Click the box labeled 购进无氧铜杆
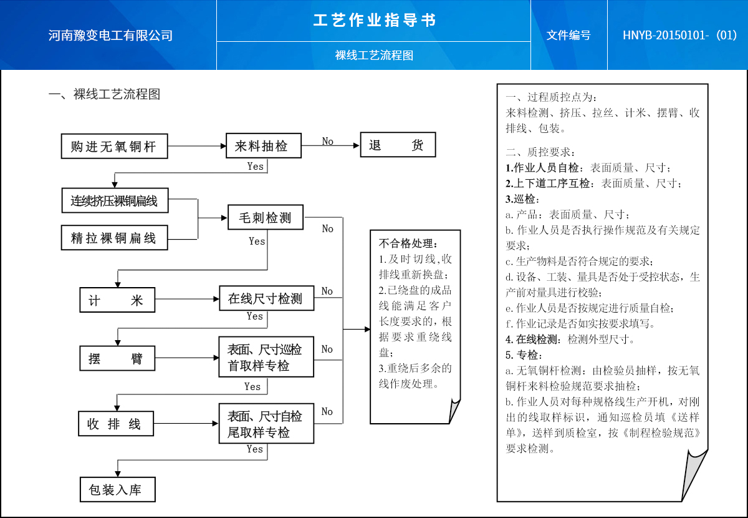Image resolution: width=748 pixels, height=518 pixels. (x=115, y=147)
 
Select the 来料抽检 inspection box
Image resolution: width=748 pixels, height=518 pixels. (x=263, y=147)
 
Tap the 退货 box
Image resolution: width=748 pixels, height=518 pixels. (x=398, y=146)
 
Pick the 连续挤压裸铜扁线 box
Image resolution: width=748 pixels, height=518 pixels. (x=115, y=200)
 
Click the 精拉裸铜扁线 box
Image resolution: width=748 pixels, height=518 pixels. (x=115, y=238)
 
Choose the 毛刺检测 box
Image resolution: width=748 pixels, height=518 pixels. (x=266, y=218)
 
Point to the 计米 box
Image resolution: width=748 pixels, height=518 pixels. (x=117, y=300)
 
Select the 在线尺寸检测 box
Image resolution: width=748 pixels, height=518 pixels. (x=266, y=298)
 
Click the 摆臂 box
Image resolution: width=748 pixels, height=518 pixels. (x=117, y=359)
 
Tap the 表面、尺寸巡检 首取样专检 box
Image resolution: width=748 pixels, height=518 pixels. (x=266, y=357)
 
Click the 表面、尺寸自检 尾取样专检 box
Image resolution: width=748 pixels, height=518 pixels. (x=266, y=424)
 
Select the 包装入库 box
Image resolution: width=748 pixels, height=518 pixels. (x=117, y=490)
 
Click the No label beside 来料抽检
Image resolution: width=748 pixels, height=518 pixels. (x=328, y=142)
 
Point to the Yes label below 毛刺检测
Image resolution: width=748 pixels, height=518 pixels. (x=257, y=241)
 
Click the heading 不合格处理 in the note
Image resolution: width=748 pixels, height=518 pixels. (x=409, y=243)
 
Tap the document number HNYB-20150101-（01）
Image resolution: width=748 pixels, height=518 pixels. (x=680, y=35)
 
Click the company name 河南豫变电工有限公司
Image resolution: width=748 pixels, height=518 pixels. (x=110, y=36)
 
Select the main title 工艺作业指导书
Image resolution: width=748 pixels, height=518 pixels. (x=374, y=21)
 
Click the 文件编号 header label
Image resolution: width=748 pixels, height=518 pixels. (x=568, y=36)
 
